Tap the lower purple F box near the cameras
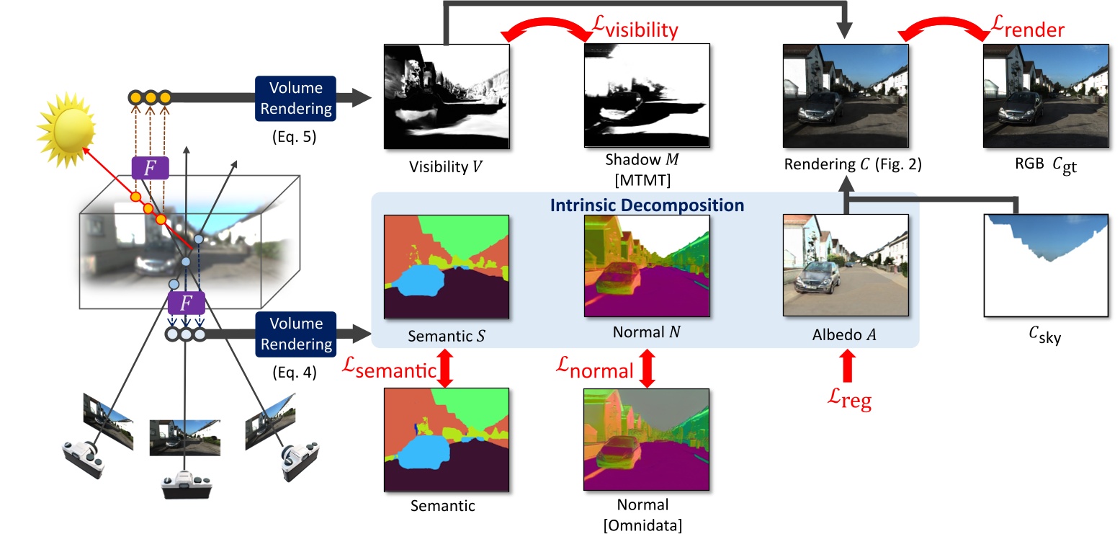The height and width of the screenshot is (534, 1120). click(187, 303)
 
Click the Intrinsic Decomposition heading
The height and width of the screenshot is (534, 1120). click(645, 205)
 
